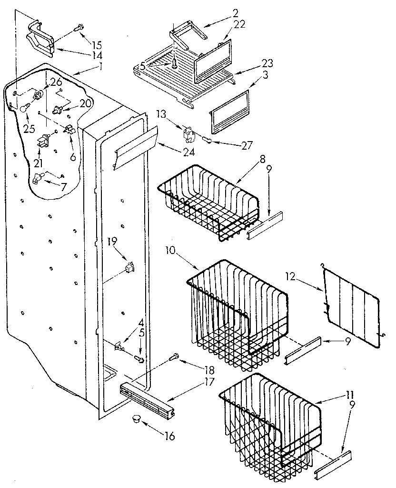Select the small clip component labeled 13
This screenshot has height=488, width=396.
(189, 135)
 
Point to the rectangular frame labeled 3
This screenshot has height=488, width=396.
(230, 111)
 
